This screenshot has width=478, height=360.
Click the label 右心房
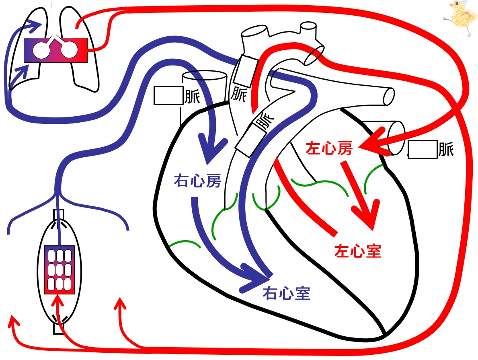pyautogui.click(x=197, y=181)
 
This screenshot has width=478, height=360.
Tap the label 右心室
pyautogui.click(x=287, y=293)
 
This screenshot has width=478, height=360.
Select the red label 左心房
pyautogui.click(x=329, y=148)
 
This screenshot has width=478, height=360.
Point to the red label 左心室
pyautogui.click(x=358, y=251)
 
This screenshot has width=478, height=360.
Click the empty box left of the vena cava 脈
pyautogui.click(x=168, y=95)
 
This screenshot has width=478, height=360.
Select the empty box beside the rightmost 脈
pyautogui.click(x=423, y=150)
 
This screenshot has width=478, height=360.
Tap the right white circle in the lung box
pyautogui.click(x=69, y=50)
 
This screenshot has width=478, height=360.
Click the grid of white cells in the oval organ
pyautogui.click(x=60, y=270)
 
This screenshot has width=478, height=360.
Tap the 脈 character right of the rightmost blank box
pyautogui.click(x=446, y=149)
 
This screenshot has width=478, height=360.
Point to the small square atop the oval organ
pyautogui.click(x=59, y=214)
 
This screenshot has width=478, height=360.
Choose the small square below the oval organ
pyautogui.click(x=59, y=328)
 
